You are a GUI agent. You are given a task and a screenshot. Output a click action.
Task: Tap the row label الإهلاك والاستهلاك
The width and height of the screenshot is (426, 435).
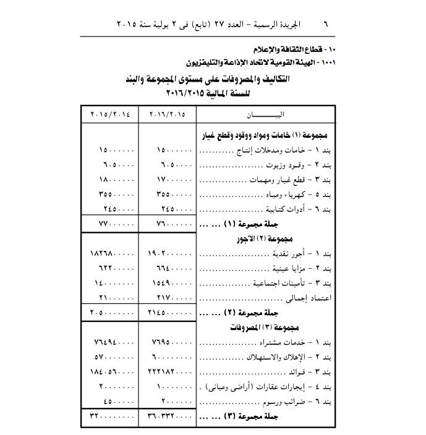click(x=281, y=358)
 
